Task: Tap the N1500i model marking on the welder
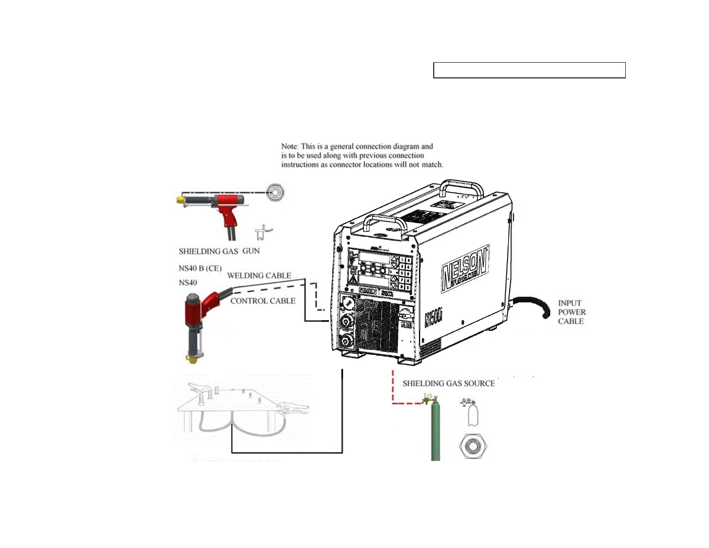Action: (x=433, y=317)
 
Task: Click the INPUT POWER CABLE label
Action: (x=571, y=312)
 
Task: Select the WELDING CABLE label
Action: (x=259, y=276)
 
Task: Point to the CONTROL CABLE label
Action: (x=263, y=301)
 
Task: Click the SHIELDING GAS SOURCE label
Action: (x=448, y=384)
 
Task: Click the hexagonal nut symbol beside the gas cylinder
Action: (x=473, y=446)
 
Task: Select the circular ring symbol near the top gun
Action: (x=275, y=193)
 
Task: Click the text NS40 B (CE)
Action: (x=200, y=269)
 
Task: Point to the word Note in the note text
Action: (x=289, y=146)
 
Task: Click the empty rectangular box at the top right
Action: (x=529, y=71)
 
